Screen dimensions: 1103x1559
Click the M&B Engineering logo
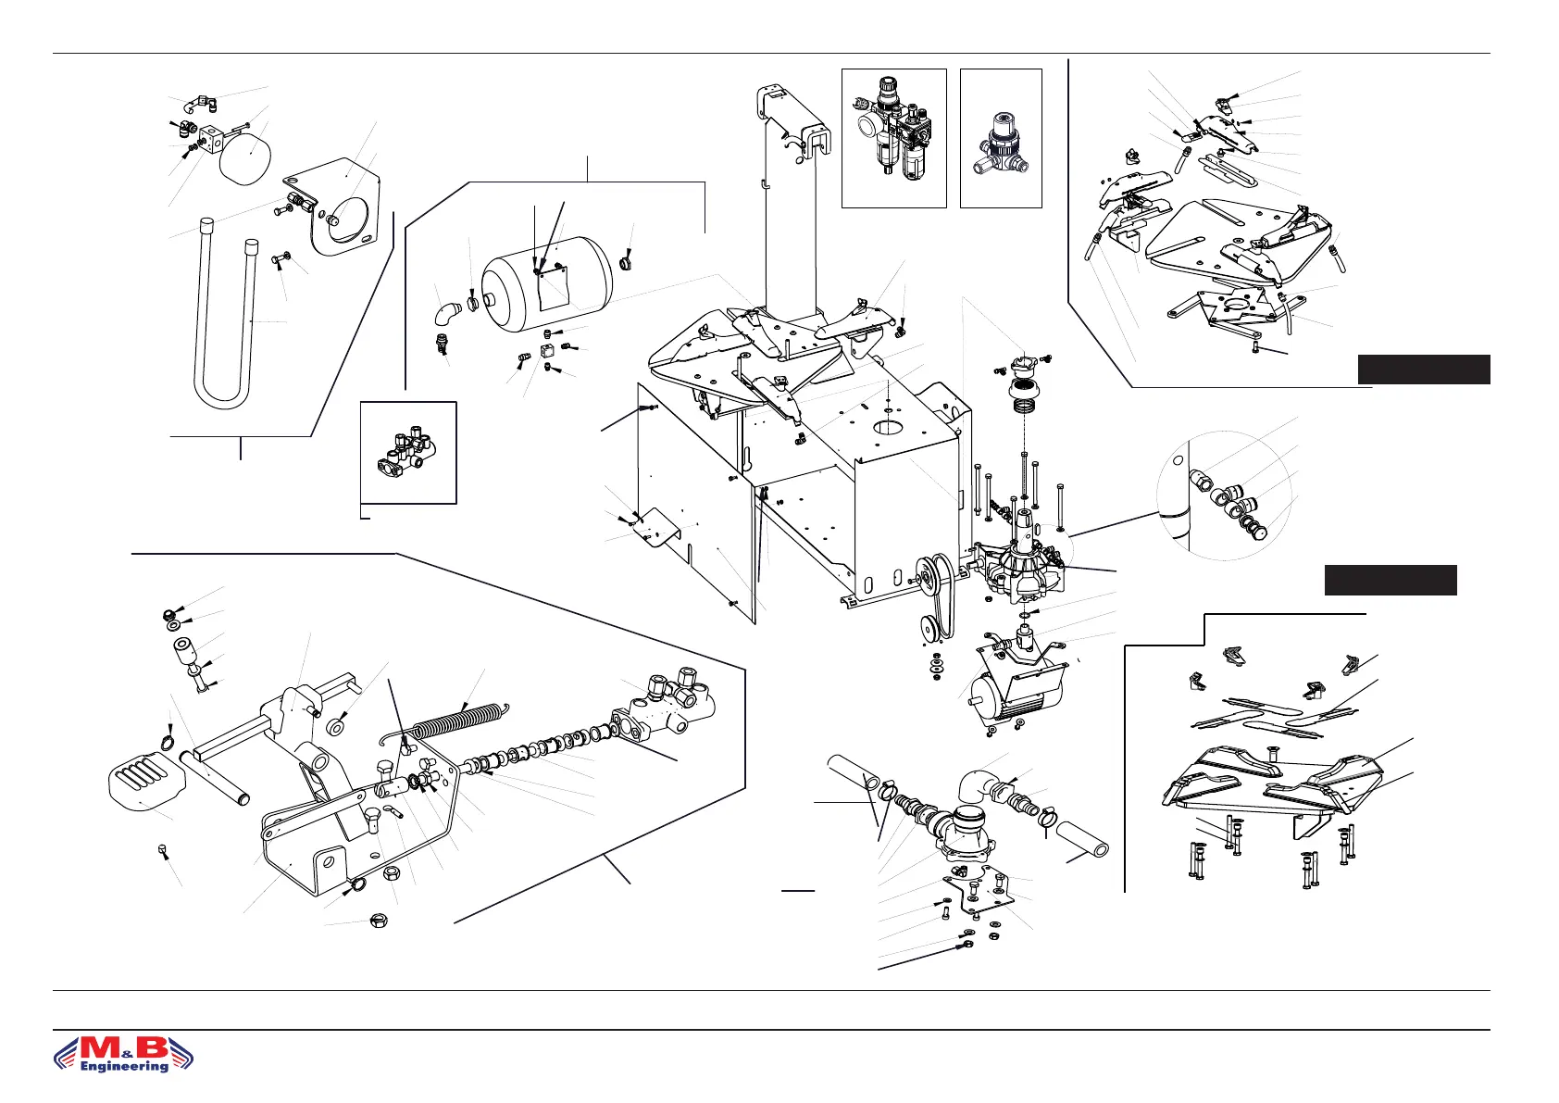coord(123,1053)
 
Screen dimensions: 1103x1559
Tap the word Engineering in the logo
coord(125,1066)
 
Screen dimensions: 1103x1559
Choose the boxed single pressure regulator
coord(1000,139)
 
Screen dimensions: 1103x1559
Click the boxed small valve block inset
coord(407,452)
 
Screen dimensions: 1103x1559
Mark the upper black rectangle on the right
coord(1423,369)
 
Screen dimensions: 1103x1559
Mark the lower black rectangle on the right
coord(1390,580)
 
